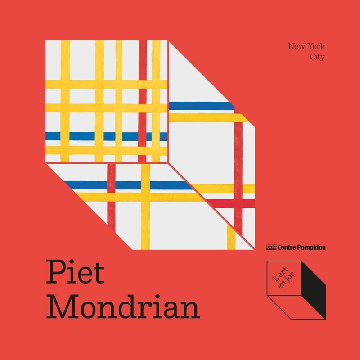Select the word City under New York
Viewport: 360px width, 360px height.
click(x=317, y=57)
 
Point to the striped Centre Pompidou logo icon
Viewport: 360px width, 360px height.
click(x=271, y=247)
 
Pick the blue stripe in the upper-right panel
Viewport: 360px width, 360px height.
click(x=202, y=106)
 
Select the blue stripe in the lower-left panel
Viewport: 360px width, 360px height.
click(x=126, y=185)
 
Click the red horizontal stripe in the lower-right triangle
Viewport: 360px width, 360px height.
click(x=234, y=203)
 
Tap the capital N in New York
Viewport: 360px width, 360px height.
click(x=292, y=47)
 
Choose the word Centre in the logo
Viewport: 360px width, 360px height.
click(x=287, y=247)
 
